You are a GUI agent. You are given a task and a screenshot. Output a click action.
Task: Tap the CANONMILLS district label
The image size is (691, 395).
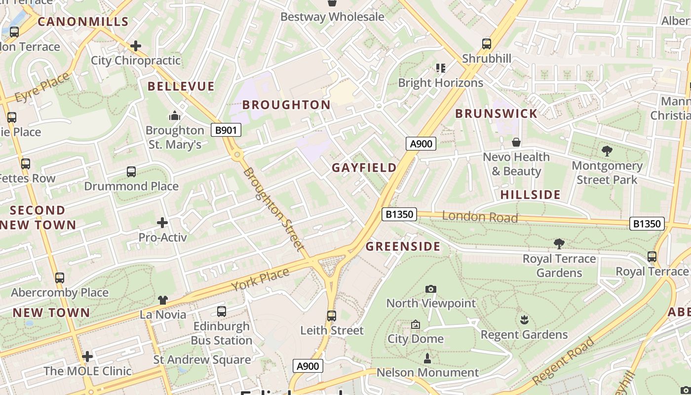pyautogui.click(x=83, y=22)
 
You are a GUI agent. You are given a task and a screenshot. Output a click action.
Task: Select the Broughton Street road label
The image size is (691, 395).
pyautogui.click(x=272, y=208)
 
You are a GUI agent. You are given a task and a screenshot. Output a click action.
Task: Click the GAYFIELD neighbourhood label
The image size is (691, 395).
pyautogui.click(x=364, y=168)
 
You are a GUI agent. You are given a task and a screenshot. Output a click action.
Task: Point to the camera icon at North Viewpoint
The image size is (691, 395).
pyautogui.click(x=431, y=289)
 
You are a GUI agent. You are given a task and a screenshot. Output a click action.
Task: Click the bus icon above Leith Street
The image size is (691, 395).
pyautogui.click(x=332, y=316)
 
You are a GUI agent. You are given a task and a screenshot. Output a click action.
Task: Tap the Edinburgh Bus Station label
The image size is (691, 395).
pyautogui.click(x=221, y=333)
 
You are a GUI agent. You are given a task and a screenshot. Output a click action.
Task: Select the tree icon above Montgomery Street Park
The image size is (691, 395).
pyautogui.click(x=607, y=151)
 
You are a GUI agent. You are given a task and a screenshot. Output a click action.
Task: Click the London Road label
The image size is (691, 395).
pyautogui.click(x=480, y=217)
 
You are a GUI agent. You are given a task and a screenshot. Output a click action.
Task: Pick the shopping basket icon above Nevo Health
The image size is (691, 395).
pyautogui.click(x=516, y=142)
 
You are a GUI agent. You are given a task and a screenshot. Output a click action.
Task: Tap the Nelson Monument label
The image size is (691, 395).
pyautogui.click(x=427, y=372)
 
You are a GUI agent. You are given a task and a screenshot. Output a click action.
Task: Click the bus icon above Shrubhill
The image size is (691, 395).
pyautogui.click(x=487, y=43)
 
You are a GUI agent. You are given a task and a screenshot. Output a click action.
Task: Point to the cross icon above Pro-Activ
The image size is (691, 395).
pyautogui.click(x=162, y=223)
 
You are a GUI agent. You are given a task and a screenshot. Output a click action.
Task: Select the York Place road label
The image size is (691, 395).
pyautogui.click(x=260, y=280)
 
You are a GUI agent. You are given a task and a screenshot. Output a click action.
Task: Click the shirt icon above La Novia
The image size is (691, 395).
pyautogui.click(x=163, y=300)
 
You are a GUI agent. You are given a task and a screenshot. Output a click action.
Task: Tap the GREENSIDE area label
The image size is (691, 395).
pyautogui.click(x=403, y=247)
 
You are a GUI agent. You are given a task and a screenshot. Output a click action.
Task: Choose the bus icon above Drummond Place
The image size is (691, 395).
pyautogui.click(x=131, y=171)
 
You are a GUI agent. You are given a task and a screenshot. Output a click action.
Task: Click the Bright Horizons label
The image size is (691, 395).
pyautogui.click(x=440, y=83)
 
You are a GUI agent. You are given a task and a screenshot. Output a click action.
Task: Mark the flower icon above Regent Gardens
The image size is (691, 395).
pyautogui.click(x=524, y=319)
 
